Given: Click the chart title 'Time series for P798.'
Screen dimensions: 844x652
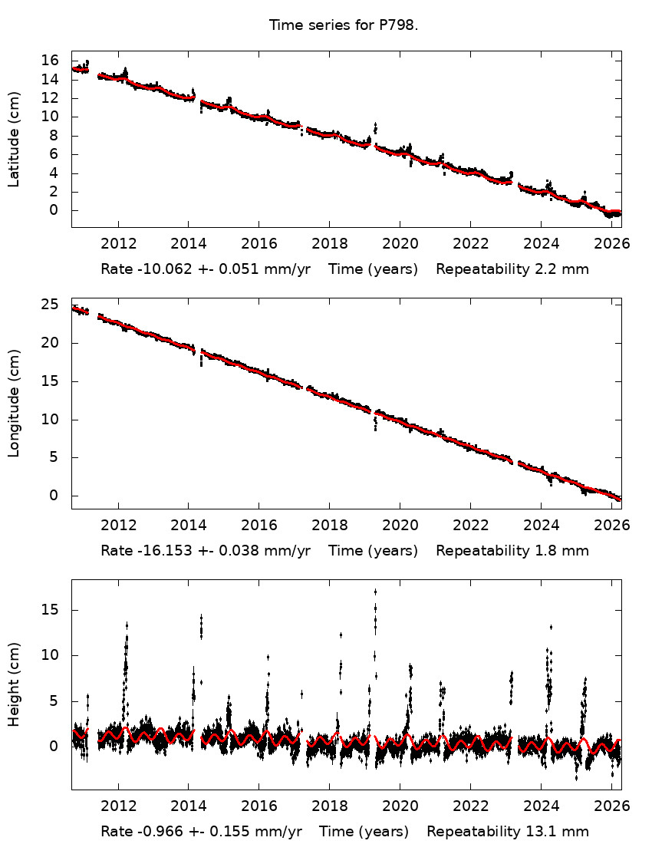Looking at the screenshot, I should [344, 25].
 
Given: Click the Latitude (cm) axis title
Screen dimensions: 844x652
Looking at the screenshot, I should [14, 139].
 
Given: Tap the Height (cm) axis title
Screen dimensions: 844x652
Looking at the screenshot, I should [14, 684].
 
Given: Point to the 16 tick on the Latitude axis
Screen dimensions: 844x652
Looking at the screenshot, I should [50, 61].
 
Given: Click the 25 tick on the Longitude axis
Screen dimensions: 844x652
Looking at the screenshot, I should [50, 305].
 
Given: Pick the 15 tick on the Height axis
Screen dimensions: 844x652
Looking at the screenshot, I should [50, 610].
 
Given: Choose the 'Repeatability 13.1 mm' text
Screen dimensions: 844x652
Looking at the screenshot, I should [508, 832].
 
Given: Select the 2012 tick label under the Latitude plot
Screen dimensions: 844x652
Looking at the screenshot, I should [119, 244].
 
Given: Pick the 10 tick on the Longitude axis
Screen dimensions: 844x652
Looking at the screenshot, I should [50, 420].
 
